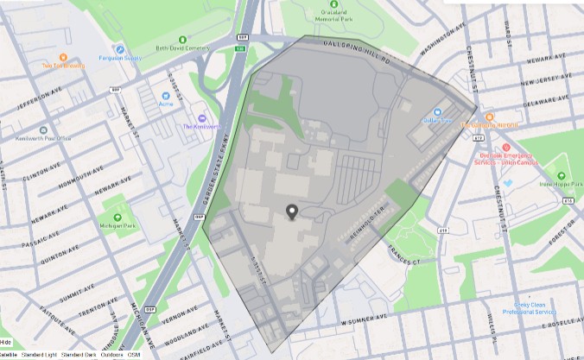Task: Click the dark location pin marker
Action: click(292, 212)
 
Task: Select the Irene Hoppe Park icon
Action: click(561, 164)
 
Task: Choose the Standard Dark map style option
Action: click(79, 355)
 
